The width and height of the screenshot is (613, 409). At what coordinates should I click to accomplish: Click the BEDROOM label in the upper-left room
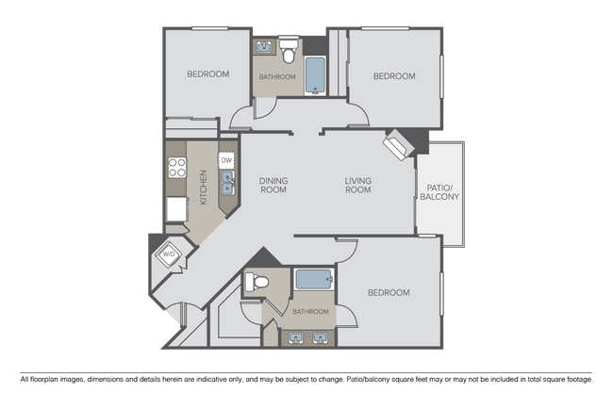point(207,74)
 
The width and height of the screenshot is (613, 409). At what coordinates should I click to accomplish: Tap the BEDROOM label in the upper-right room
point(393,76)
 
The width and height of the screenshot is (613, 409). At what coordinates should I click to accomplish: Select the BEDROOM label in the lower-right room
point(388,293)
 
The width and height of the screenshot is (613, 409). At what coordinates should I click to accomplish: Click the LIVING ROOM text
point(357,185)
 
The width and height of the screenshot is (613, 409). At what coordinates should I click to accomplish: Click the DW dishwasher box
point(226,160)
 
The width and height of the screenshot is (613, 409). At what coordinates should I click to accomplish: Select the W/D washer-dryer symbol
point(170,254)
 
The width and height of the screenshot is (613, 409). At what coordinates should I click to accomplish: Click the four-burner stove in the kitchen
point(176,169)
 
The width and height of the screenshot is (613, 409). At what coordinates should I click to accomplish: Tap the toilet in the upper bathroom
point(290,46)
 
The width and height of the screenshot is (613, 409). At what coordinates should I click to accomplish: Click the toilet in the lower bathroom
point(255,282)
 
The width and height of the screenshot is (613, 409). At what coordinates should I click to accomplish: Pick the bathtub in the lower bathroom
point(311,280)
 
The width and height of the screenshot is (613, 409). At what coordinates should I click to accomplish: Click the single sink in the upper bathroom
point(263,46)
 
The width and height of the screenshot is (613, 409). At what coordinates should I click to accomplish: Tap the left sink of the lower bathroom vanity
point(296,336)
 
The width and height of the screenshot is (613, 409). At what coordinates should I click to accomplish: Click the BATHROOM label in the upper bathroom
point(278,76)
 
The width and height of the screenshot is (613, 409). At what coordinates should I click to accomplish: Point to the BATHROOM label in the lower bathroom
point(310,311)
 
